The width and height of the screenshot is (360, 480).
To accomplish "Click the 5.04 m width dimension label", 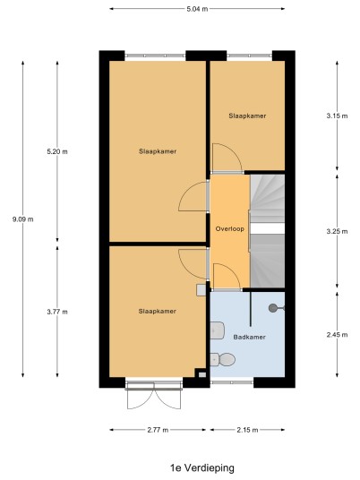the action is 197,9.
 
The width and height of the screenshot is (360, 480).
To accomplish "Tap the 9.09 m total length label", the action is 23,219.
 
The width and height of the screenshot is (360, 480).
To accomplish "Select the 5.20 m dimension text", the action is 57,151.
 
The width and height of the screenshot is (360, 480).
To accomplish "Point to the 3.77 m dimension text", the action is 57,312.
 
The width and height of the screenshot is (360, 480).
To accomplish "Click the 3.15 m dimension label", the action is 337,116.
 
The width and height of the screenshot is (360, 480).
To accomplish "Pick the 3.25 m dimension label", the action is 337,231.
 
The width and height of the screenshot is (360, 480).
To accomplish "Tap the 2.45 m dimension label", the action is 337,335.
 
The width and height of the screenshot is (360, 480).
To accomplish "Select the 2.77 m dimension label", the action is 158,430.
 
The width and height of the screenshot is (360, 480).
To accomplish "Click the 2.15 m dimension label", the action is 247,430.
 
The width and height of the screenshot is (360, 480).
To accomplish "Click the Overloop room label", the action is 230,228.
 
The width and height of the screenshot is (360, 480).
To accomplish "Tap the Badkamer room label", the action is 249,337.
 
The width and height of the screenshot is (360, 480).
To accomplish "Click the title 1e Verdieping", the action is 202,467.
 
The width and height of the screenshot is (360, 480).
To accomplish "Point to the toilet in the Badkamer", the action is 223,359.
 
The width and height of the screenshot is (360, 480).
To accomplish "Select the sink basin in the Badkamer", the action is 217,330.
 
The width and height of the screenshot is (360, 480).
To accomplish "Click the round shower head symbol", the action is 273,308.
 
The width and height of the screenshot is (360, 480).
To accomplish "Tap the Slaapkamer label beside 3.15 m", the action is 247,116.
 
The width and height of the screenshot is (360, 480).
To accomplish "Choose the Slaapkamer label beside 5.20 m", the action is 158,151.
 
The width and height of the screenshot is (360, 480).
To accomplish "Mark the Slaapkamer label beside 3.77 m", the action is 158,312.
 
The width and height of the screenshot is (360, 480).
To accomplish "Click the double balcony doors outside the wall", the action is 154,397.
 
